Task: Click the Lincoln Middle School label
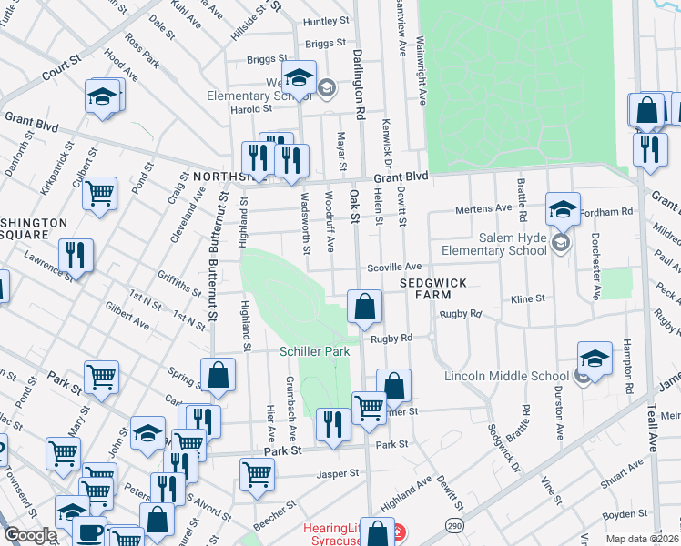point(505,376)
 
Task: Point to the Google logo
point(30,534)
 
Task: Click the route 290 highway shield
point(453,525)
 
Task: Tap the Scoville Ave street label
point(394,267)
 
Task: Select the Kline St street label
point(527,298)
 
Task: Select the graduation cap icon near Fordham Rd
point(564,210)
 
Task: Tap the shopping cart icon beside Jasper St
point(258,474)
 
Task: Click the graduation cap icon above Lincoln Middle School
point(595,359)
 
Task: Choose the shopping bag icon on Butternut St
point(219,376)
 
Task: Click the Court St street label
point(61,65)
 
